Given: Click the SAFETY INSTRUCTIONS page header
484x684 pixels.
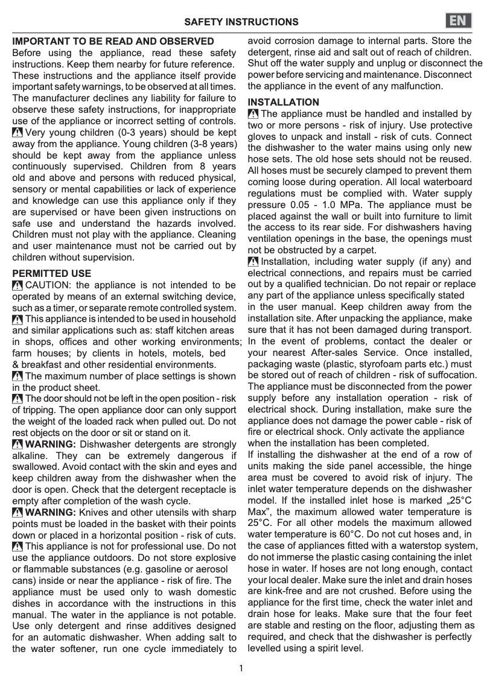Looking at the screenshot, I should pyautogui.click(x=241, y=22).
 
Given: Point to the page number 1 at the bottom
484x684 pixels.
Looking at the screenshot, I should pyautogui.click(x=241, y=668).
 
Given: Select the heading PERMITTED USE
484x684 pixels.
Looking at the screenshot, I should pyautogui.click(x=52, y=273).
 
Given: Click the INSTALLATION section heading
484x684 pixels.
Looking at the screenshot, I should pyautogui.click(x=284, y=102).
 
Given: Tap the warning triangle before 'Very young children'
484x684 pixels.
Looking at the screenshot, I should pyautogui.click(x=18, y=133).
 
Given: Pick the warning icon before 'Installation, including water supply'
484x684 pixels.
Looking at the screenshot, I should pyautogui.click(x=253, y=261).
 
